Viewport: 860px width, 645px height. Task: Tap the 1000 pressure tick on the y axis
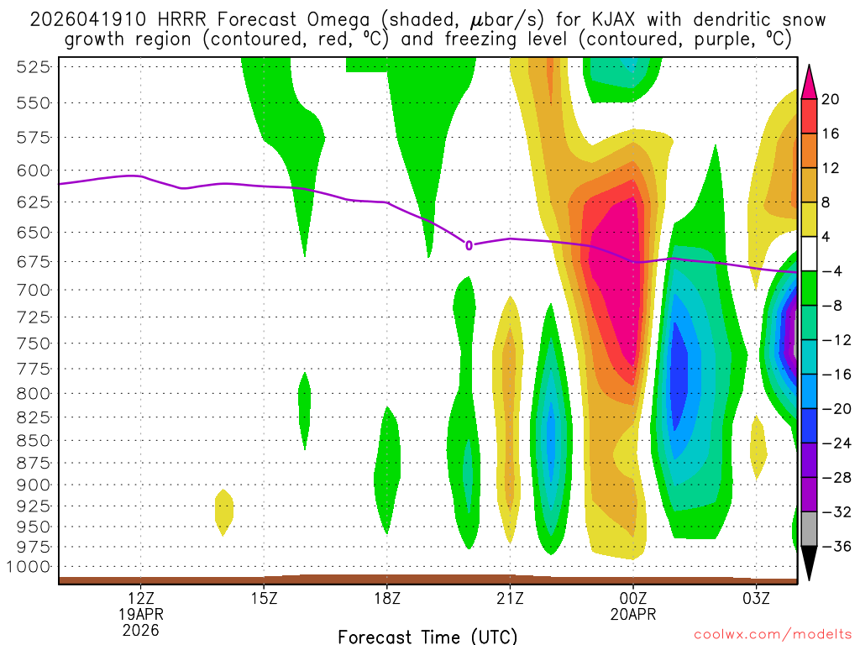[30, 566]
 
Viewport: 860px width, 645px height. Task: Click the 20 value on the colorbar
[831, 99]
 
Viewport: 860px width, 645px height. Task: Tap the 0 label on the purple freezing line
[469, 245]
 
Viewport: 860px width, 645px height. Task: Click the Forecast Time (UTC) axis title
[427, 637]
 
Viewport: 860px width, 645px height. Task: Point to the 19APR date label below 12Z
[140, 614]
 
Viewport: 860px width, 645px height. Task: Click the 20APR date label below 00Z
[633, 614]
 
